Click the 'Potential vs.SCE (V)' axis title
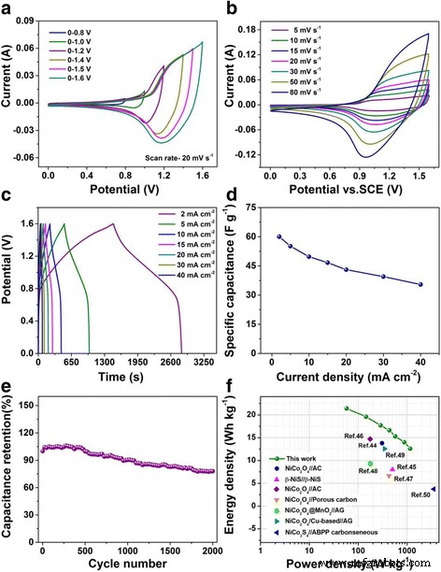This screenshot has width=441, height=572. (345, 190)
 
